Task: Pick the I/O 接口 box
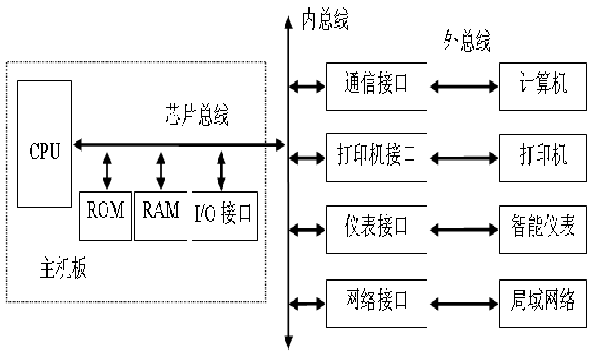tap(222, 215)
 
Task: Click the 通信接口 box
tap(377, 86)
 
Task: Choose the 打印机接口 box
tap(377, 157)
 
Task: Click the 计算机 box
tap(543, 86)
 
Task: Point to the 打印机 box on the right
tap(543, 157)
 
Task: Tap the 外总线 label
tap(467, 42)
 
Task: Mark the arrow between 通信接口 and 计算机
tap(464, 87)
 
